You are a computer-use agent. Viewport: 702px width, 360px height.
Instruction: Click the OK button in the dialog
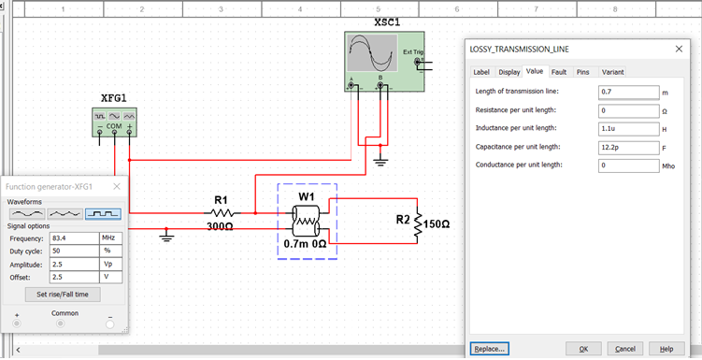click(583, 349)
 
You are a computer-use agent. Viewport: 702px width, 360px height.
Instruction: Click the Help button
click(666, 349)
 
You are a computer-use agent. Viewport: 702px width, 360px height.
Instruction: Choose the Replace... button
click(489, 349)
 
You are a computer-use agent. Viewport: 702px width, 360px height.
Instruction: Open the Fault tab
click(559, 71)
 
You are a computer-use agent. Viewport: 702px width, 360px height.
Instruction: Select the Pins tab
click(582, 71)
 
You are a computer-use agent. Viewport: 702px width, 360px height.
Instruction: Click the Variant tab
click(612, 71)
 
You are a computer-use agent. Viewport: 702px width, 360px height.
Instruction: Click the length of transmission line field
click(628, 92)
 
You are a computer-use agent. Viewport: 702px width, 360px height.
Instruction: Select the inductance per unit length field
click(628, 128)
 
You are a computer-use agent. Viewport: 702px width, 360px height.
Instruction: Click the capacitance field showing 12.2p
click(628, 147)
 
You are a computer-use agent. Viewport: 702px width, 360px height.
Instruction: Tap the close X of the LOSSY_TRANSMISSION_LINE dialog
click(679, 48)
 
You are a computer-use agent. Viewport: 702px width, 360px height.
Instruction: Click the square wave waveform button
click(103, 213)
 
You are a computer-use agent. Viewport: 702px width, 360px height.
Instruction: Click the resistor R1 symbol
click(221, 213)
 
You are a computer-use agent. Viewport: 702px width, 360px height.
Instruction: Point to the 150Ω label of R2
click(437, 225)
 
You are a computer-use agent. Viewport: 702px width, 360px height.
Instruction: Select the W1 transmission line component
click(306, 219)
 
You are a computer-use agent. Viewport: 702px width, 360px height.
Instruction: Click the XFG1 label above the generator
click(115, 98)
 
